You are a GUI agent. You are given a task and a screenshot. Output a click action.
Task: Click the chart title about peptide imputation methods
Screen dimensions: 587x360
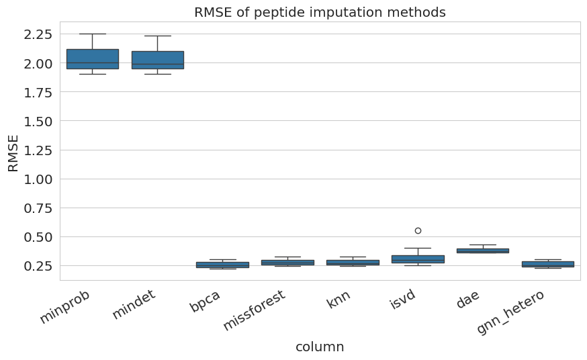click(x=320, y=12)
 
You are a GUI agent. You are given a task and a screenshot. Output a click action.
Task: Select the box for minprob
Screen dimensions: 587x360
click(x=93, y=59)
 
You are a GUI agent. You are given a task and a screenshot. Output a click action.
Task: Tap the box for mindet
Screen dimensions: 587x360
click(x=158, y=60)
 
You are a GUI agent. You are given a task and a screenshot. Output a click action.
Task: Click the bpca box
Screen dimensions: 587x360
click(x=223, y=265)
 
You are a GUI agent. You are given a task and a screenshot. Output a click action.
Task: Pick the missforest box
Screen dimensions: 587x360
click(x=287, y=263)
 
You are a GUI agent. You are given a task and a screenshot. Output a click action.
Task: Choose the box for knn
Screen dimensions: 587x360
click(x=353, y=263)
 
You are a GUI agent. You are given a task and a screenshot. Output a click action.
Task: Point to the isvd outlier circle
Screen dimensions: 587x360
click(x=418, y=231)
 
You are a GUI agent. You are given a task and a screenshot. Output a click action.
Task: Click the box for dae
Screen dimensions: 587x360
click(x=483, y=251)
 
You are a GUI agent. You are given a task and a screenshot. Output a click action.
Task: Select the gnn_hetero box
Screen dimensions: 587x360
click(x=547, y=264)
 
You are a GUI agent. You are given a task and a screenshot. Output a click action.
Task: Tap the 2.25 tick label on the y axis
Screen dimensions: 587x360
click(x=38, y=34)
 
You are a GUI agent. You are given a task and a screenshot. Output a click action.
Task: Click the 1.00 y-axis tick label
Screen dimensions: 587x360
click(x=38, y=179)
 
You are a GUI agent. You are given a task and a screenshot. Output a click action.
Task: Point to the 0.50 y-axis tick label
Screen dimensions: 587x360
click(x=38, y=237)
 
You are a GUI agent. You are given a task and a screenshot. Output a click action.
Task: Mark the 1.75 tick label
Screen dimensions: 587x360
click(x=38, y=93)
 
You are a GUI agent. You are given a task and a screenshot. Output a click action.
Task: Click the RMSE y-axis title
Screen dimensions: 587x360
click(x=13, y=153)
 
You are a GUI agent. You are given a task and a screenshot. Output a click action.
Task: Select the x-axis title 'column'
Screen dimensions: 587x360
click(x=320, y=347)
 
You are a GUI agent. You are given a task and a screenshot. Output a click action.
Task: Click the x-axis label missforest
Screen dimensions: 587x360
click(x=255, y=310)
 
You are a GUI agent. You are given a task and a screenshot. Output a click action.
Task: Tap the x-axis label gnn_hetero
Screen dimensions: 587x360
click(x=510, y=312)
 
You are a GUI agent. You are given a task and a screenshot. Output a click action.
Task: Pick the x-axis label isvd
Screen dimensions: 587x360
click(x=403, y=300)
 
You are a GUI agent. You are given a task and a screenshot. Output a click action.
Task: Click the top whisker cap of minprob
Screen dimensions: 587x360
click(x=93, y=34)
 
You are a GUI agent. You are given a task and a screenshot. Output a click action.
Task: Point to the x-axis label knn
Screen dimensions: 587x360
click(x=338, y=299)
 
